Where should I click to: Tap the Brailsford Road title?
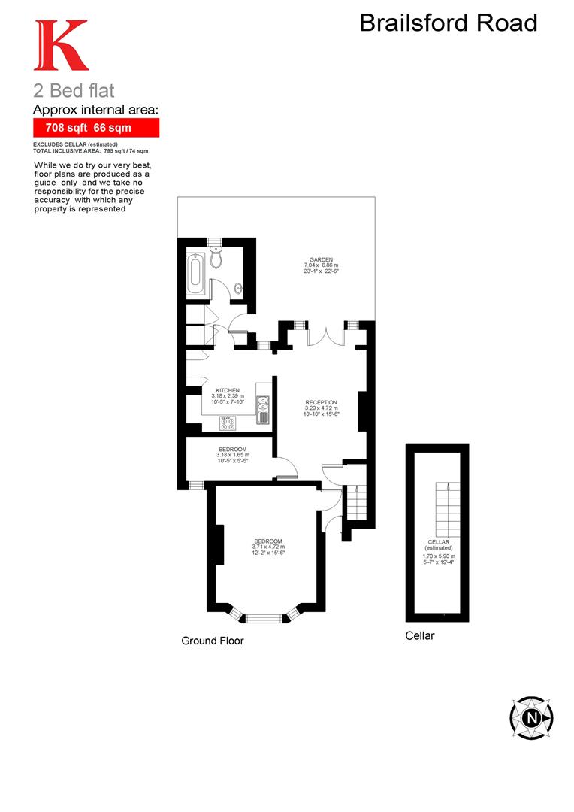coord(449,23)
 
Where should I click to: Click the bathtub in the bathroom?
coord(195,274)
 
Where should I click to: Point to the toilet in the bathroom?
coord(216,259)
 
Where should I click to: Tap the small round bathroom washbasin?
coord(239,286)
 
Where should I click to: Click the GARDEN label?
coord(321,259)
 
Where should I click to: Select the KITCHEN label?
coord(228,390)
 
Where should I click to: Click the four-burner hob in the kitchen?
coord(228,424)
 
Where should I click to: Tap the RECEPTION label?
coord(321,402)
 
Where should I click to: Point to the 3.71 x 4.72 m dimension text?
coord(267,547)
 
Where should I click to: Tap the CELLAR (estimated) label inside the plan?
coord(438,545)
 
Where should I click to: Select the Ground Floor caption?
coord(213,641)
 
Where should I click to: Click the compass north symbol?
coord(532,717)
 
